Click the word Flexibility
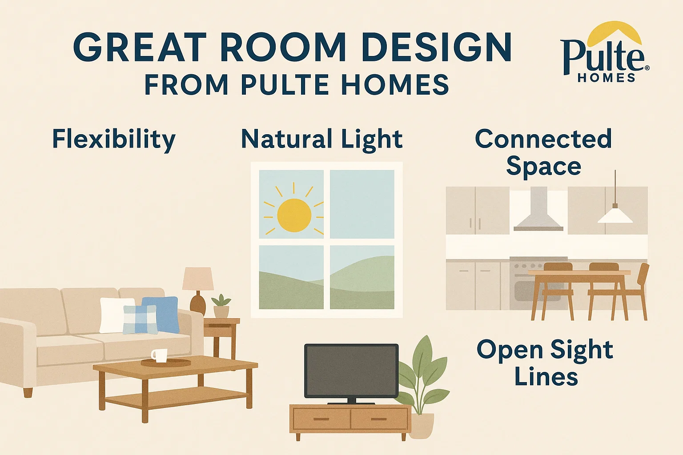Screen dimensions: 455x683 pos(114,140)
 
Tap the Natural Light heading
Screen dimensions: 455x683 pos(321,139)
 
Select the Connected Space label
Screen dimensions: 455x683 pos(543,152)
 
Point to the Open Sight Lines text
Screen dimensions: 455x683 pos(545,363)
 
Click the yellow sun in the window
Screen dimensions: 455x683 pos(294,215)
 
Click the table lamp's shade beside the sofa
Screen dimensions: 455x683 pos(198,279)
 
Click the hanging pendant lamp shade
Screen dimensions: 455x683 pos(615,216)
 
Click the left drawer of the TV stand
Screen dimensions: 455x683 pos(321,419)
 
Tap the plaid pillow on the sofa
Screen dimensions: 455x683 pos(140,319)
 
